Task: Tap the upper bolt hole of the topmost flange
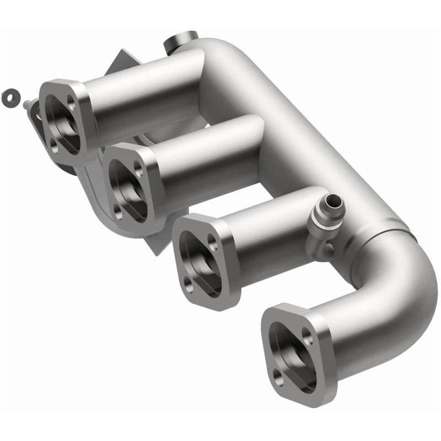click(x=72, y=100)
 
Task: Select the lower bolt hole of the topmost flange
click(x=53, y=145)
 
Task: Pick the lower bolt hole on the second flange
click(x=119, y=209)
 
